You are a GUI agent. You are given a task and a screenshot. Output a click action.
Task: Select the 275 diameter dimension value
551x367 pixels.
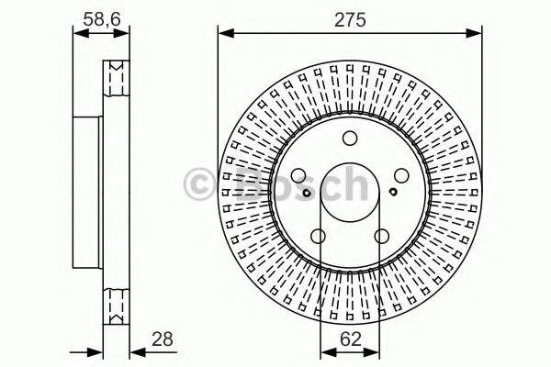348,17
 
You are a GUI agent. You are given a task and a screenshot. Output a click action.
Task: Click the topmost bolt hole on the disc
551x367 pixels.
349,139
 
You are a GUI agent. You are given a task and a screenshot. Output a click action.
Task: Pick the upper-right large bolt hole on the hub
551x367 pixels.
400,177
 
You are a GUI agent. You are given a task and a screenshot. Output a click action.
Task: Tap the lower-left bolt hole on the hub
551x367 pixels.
318,238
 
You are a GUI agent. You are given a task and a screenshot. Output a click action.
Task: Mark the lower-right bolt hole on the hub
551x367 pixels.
381,238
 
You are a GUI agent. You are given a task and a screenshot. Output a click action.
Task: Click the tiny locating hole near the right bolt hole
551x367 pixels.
393,192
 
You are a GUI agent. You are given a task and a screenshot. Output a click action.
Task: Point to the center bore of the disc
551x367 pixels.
349,194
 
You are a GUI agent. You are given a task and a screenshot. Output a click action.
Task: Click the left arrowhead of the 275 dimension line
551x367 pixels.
222,34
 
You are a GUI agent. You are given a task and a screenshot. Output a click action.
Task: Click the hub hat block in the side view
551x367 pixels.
88,193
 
